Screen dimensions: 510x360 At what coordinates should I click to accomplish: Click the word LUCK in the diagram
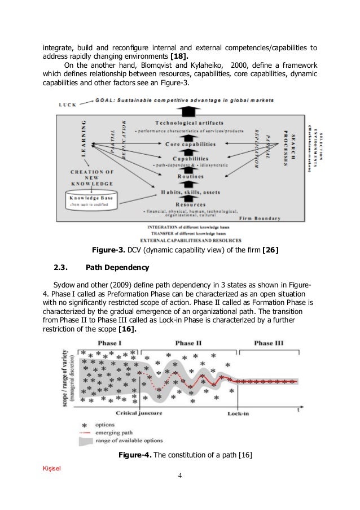67,104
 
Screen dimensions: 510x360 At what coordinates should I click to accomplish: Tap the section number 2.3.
61,267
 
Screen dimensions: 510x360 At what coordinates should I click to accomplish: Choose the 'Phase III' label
269,343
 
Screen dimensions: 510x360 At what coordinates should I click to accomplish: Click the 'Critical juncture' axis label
139,413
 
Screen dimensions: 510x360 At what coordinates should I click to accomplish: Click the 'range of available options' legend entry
130,441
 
